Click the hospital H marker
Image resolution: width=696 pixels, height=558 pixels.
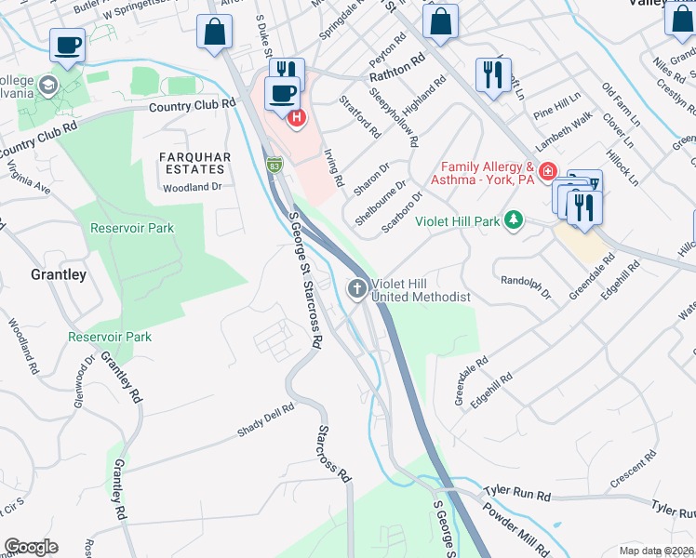(296, 117)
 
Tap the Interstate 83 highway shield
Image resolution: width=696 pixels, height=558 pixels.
(274, 166)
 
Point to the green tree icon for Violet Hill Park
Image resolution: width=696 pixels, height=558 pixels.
(512, 220)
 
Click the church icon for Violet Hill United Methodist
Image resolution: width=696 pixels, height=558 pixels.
(355, 289)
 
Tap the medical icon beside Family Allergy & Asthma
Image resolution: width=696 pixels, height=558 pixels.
(549, 172)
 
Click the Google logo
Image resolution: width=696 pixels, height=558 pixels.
(31, 547)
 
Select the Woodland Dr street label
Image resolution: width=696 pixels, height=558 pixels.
(194, 187)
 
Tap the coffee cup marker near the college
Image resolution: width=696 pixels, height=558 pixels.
(68, 45)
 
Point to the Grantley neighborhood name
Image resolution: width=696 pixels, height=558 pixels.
(58, 274)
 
